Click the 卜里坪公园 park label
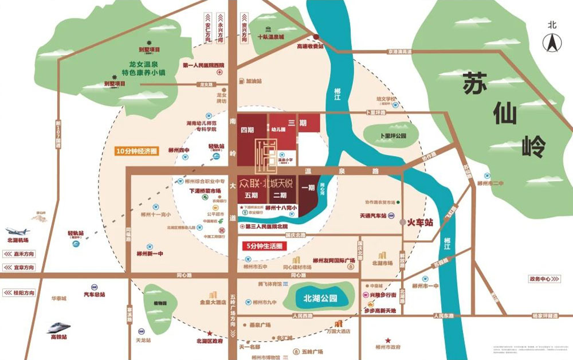[x=393, y=136]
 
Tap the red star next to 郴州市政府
[x=388, y=340]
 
